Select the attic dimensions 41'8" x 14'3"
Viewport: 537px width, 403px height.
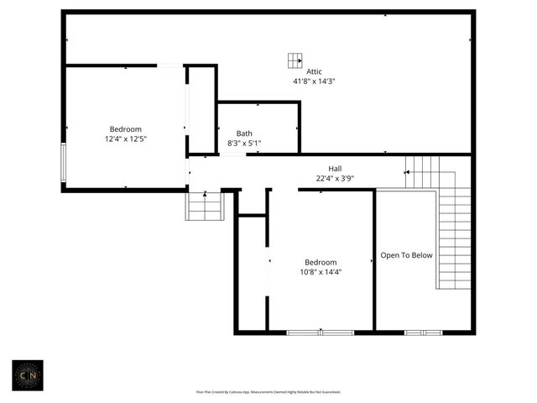314,81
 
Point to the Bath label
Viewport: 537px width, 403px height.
244,133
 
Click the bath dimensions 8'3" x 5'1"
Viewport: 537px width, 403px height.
244,144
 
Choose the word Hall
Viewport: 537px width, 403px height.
335,167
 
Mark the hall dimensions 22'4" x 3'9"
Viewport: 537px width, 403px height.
335,177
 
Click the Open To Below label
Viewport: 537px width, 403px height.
407,255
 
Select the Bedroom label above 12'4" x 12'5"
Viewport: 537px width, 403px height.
126,129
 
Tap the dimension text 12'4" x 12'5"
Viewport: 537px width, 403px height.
126,139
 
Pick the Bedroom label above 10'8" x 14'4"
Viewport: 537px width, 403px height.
321,261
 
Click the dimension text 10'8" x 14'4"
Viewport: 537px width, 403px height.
321,271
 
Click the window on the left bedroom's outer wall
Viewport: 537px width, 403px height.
62,162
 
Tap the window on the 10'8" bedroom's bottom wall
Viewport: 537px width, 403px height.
321,332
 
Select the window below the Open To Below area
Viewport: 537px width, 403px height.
423,332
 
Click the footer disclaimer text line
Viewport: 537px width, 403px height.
268,392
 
